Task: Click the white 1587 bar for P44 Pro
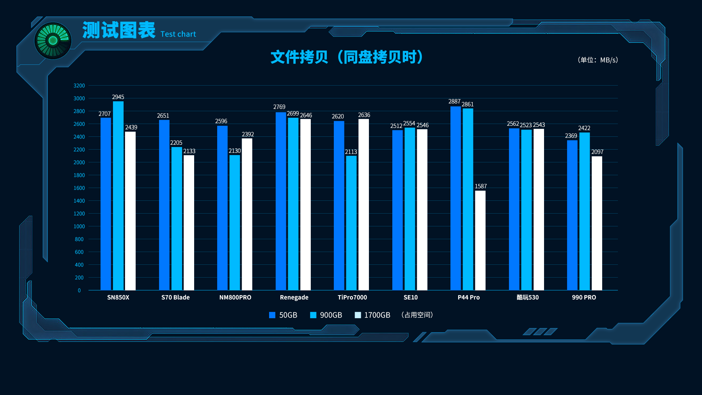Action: [480, 240]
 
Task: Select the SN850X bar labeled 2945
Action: [118, 196]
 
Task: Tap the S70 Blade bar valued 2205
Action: [177, 218]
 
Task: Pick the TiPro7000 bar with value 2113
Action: [351, 223]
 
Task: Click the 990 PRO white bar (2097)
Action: [597, 223]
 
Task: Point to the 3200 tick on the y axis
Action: [79, 86]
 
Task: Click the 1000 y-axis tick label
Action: [79, 226]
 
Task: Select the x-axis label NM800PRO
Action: [235, 297]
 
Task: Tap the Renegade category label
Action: [294, 297]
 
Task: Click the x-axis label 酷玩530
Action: [527, 297]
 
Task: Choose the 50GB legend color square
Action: [272, 315]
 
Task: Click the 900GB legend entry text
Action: [331, 315]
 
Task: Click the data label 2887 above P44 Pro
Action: [454, 102]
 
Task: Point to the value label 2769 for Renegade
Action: [279, 107]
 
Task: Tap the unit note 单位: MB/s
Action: [598, 60]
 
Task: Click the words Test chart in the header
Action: [178, 34]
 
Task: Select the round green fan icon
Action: [53, 41]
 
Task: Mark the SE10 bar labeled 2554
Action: [409, 209]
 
